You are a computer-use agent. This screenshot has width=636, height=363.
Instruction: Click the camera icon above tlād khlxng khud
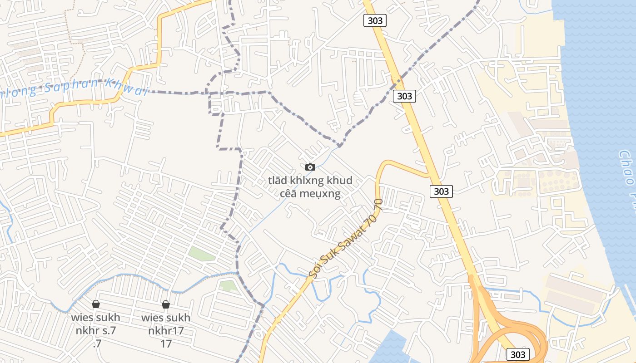[x=310, y=167]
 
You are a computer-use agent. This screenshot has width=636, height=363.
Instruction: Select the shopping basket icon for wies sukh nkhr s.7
[x=96, y=304]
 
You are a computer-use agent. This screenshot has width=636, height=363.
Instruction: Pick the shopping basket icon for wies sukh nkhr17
[x=166, y=304]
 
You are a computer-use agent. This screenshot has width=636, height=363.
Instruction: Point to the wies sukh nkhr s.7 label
[x=96, y=324]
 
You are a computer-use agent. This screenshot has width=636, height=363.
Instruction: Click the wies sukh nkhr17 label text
[x=166, y=324]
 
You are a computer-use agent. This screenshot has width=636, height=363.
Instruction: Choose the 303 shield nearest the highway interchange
[x=517, y=354]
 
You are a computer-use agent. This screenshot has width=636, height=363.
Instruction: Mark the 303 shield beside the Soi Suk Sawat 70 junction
[x=441, y=191]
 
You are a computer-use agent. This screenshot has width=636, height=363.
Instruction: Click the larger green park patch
[x=202, y=254]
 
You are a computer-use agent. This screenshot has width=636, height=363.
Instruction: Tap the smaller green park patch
[x=229, y=286]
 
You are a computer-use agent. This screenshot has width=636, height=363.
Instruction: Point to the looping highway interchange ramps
[x=522, y=331]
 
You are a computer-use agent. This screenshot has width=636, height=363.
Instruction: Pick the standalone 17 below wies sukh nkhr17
[x=166, y=343]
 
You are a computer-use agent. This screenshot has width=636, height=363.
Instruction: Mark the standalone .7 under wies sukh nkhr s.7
[x=97, y=343]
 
